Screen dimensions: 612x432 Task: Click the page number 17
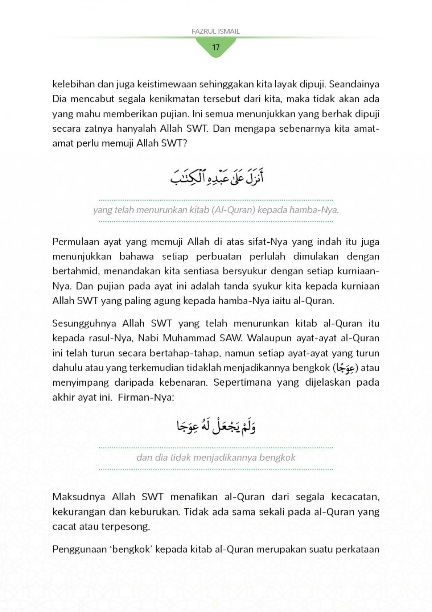(x=216, y=47)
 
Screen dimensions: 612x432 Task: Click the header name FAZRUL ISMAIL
(x=216, y=31)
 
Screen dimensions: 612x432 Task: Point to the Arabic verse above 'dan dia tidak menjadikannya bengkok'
(x=216, y=426)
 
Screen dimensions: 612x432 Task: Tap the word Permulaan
(x=76, y=242)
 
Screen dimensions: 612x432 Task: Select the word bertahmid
(x=76, y=272)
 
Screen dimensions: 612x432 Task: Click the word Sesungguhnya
(x=84, y=323)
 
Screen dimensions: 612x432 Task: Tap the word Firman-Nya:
(x=146, y=397)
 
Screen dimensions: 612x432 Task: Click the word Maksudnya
(x=79, y=497)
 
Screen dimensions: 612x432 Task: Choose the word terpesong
(x=126, y=526)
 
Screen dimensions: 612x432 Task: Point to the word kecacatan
(x=355, y=497)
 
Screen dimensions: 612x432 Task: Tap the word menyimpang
(x=80, y=382)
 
